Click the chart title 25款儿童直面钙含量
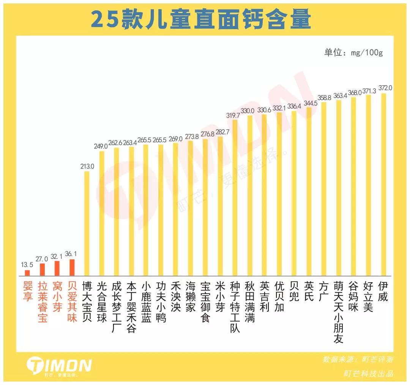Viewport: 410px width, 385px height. pyautogui.click(x=201, y=19)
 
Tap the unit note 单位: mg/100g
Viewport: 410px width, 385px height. pyautogui.click(x=353, y=52)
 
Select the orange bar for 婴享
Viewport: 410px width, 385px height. pyautogui.click(x=27, y=273)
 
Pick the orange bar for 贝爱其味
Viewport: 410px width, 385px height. pyautogui.click(x=72, y=267)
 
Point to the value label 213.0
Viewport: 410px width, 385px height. pyautogui.click(x=87, y=166)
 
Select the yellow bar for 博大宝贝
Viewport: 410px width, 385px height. pyautogui.click(x=87, y=224)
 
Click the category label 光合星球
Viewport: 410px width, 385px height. pyautogui.click(x=102, y=302)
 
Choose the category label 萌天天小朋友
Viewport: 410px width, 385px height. pyautogui.click(x=338, y=312)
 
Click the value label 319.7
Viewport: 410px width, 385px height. pyautogui.click(x=233, y=115)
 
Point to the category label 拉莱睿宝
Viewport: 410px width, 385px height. pyautogui.click(x=43, y=302)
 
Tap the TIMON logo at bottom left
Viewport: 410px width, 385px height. pyautogui.click(x=59, y=366)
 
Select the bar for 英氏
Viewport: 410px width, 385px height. pyautogui.click(x=309, y=192)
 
